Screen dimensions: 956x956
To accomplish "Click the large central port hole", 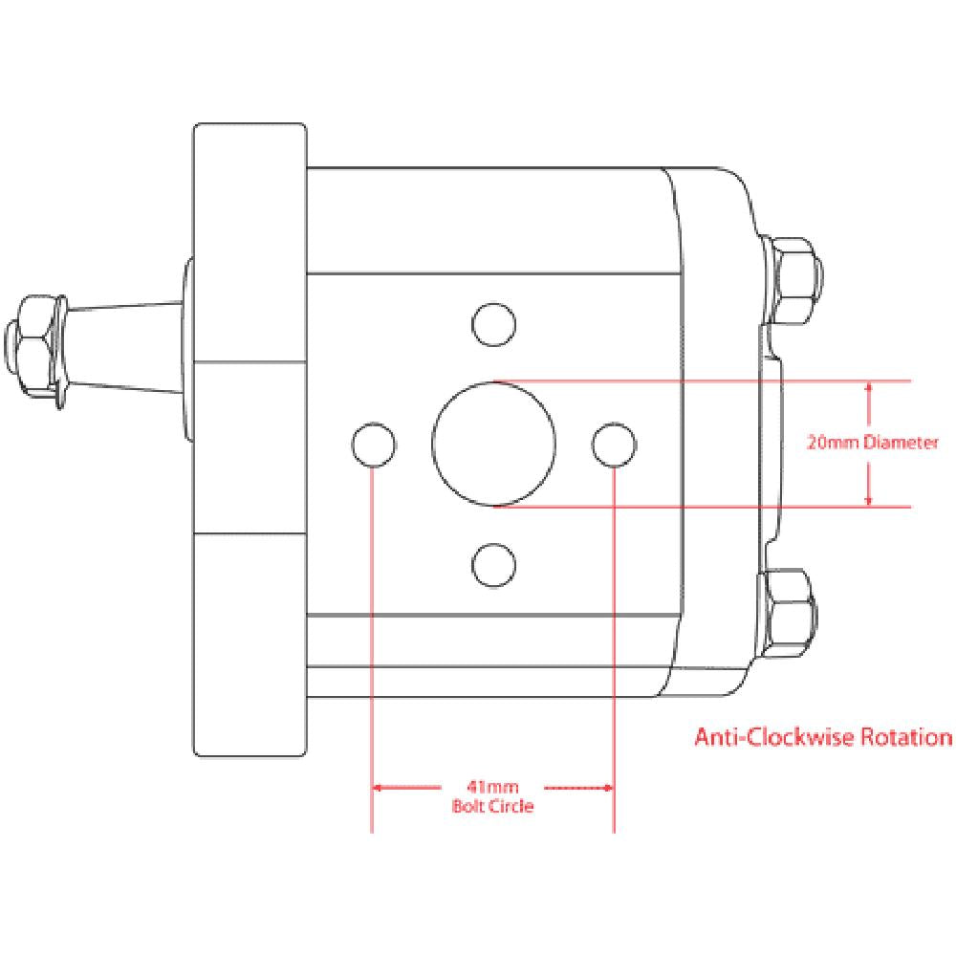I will (x=493, y=444).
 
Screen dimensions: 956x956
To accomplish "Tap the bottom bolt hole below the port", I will (x=494, y=564).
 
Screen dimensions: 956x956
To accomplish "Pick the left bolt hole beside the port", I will (x=374, y=445).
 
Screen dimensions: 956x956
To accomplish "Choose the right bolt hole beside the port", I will (x=614, y=445).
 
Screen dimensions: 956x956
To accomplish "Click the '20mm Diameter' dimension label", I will (x=872, y=444).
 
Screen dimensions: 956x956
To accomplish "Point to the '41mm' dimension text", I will (x=493, y=788).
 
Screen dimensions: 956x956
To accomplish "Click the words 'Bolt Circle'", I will (x=493, y=806).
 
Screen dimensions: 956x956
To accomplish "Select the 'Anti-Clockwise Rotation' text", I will (x=822, y=738).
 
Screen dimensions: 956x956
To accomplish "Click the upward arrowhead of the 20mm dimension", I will (x=869, y=388).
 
